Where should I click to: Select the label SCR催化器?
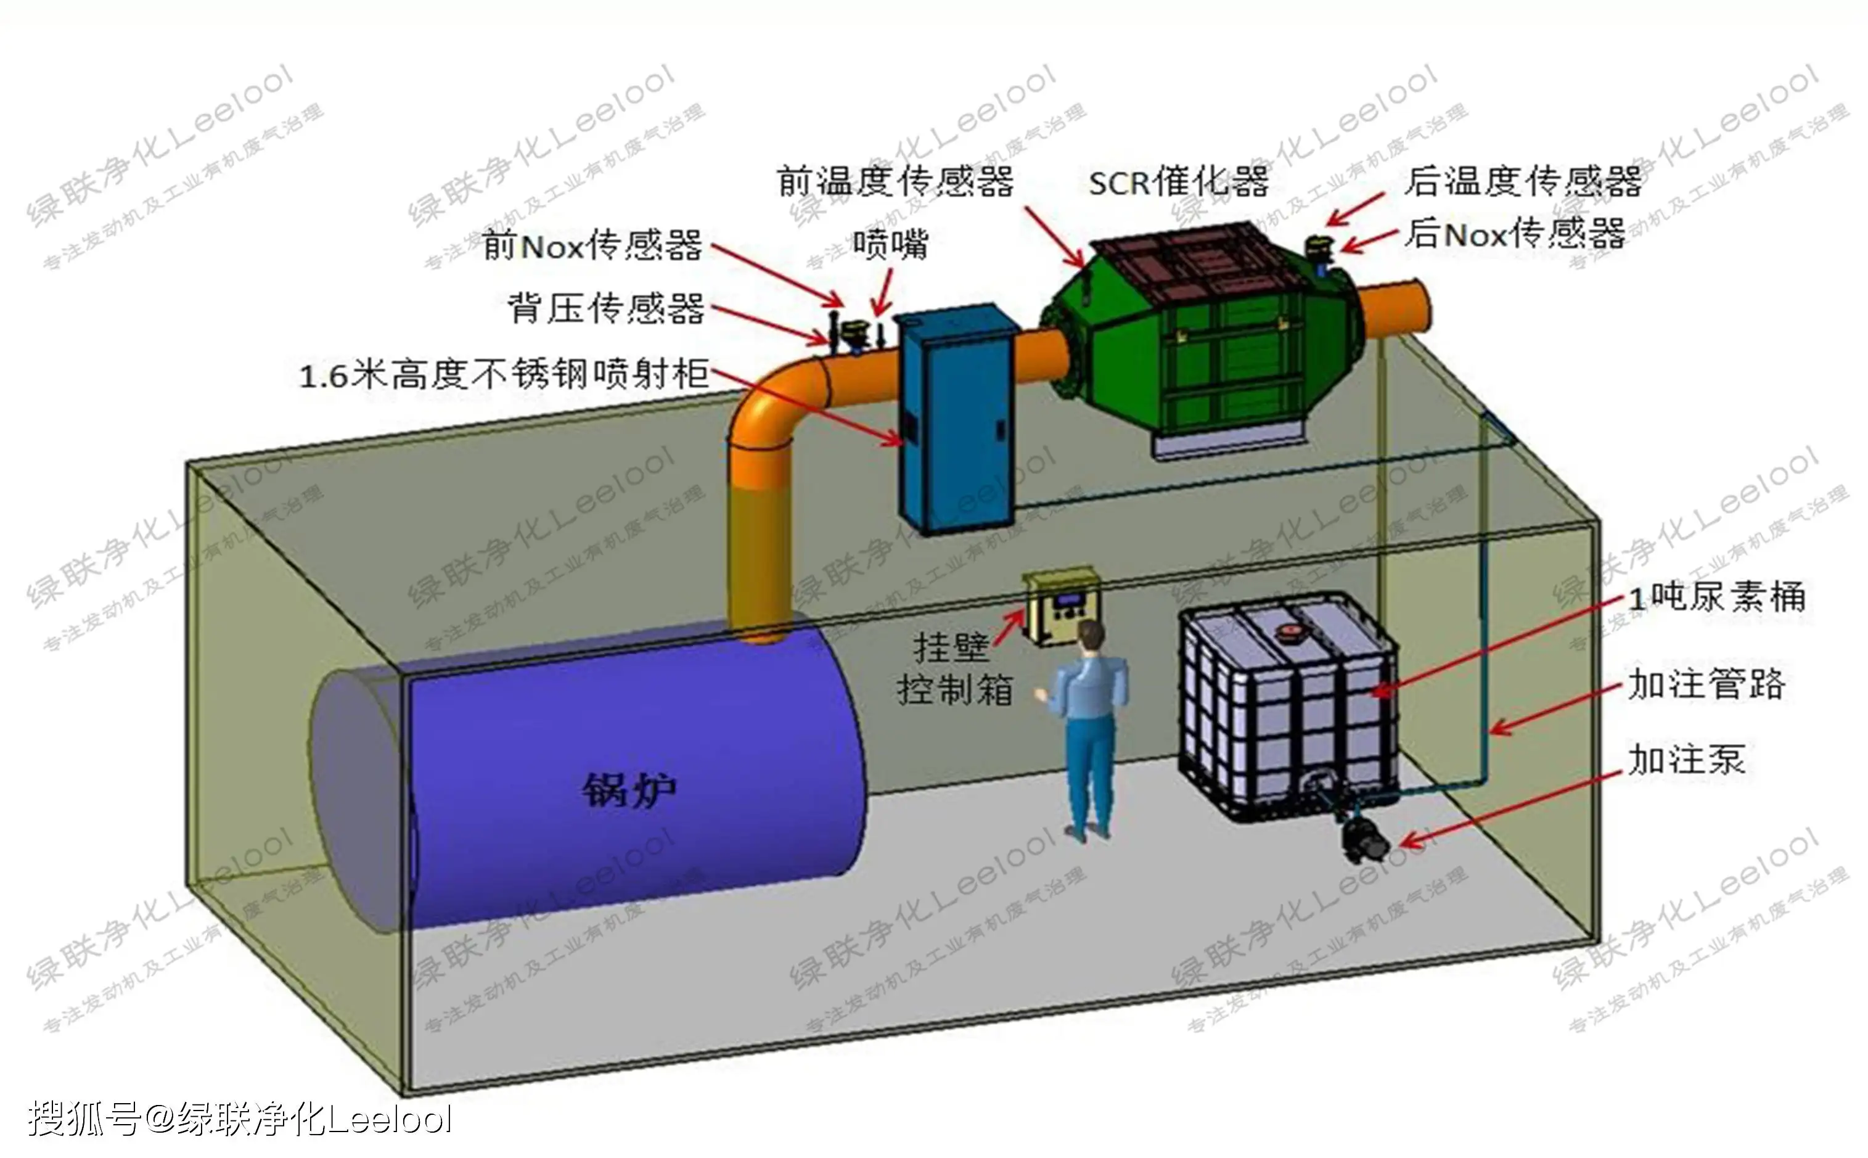tap(1178, 183)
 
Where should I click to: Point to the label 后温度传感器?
tap(1523, 183)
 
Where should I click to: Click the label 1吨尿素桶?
tap(1716, 597)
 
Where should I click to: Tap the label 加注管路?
tap(1706, 684)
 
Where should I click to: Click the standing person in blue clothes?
tap(1087, 728)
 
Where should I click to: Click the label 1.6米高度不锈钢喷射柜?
tap(504, 376)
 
